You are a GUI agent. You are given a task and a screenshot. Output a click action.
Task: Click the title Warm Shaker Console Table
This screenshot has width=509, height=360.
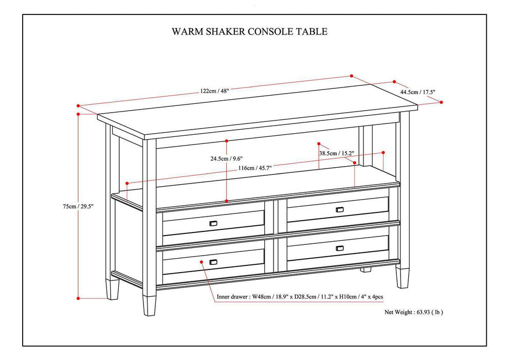(x=249, y=31)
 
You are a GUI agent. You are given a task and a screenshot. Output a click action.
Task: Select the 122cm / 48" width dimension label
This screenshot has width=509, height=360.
(x=215, y=91)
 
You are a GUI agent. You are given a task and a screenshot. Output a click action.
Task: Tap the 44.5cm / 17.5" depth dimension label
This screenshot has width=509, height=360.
(x=418, y=92)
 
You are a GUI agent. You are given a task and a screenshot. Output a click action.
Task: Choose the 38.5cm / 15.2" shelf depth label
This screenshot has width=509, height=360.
(x=336, y=153)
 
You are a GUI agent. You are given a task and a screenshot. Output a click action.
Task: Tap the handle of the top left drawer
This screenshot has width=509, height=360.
(x=213, y=223)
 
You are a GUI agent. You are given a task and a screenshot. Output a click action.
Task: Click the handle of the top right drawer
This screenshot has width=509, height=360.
(x=339, y=209)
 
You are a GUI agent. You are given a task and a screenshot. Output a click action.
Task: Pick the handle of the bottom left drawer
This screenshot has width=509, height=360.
(x=213, y=262)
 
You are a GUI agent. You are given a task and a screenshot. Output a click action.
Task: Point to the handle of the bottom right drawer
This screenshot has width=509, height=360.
(x=339, y=248)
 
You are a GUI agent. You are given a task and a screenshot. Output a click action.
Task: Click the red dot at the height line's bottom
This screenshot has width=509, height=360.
(x=78, y=298)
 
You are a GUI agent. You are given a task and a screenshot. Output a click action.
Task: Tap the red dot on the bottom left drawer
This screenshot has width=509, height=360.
(x=202, y=261)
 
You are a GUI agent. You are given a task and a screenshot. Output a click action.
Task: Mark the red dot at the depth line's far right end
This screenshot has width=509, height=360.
(x=442, y=102)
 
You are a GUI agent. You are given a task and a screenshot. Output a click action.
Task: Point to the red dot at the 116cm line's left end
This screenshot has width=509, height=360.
(x=126, y=183)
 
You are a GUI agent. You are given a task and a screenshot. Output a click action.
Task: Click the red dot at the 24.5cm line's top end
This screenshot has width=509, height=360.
(x=227, y=140)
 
